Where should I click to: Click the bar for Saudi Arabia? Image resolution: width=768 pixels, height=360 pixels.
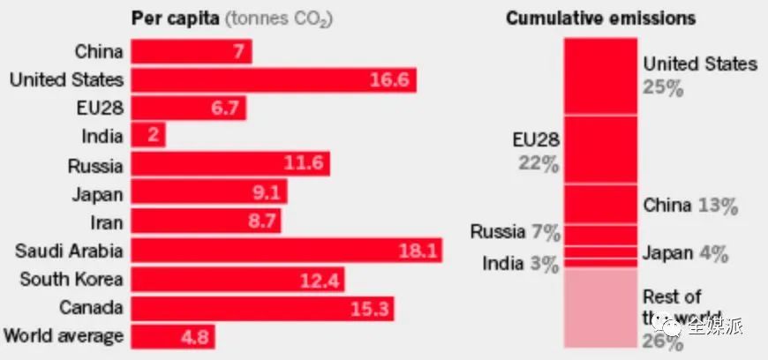click(286, 251)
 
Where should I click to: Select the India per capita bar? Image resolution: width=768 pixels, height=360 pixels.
click(148, 136)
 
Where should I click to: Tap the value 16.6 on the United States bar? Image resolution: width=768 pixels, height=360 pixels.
click(389, 80)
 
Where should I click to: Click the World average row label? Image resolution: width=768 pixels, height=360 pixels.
click(64, 336)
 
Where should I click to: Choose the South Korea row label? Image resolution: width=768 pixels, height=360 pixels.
click(72, 280)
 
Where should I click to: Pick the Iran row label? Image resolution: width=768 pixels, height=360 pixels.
click(106, 221)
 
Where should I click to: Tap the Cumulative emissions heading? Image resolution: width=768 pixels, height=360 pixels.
click(600, 19)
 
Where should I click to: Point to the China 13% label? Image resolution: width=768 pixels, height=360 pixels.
click(690, 206)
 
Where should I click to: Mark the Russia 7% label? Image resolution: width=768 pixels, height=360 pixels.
click(516, 233)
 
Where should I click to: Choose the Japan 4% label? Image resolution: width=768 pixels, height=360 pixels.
click(685, 255)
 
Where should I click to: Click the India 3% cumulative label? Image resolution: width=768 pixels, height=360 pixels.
click(521, 263)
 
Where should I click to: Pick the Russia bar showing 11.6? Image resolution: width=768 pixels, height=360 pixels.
click(230, 165)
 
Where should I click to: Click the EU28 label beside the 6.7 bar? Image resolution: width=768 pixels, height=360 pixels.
click(98, 109)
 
